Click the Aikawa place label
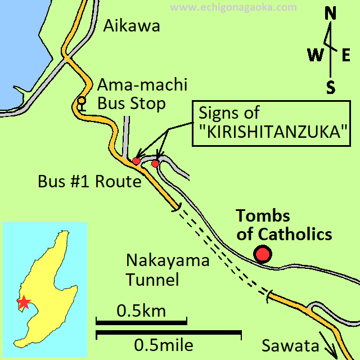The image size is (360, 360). [x=132, y=26]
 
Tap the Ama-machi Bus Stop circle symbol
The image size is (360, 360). [x=82, y=101]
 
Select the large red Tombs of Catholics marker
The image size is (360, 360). [x=262, y=254]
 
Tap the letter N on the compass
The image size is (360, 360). [x=331, y=13]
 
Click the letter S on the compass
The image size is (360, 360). [x=331, y=87]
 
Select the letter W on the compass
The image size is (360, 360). [x=314, y=55]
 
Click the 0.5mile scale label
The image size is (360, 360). [x=164, y=345]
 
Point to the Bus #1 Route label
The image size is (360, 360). [x=89, y=182]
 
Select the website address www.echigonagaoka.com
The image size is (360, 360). [x=233, y=7]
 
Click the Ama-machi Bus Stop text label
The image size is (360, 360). [x=142, y=94]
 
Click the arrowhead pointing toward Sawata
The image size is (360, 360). [x=332, y=353]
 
